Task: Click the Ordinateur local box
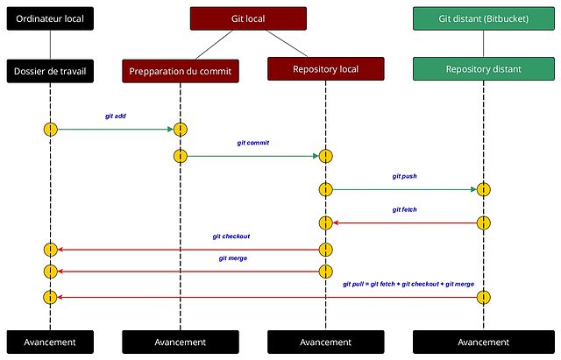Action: tap(50, 18)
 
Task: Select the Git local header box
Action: tap(248, 18)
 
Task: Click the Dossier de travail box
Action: tap(50, 69)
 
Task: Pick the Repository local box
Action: tap(325, 68)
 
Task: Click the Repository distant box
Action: tap(483, 68)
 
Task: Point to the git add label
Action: tap(114, 115)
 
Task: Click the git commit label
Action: tap(252, 142)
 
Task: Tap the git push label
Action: tap(404, 176)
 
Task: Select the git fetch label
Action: tap(404, 209)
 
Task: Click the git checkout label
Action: tap(231, 236)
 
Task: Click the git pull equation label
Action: tap(408, 285)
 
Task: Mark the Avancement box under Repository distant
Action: tap(483, 342)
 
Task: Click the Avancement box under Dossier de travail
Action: tap(50, 342)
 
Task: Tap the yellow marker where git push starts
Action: tap(325, 189)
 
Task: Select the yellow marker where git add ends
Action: tap(180, 130)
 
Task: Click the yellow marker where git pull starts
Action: tap(483, 298)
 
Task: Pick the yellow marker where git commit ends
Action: tap(325, 156)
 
